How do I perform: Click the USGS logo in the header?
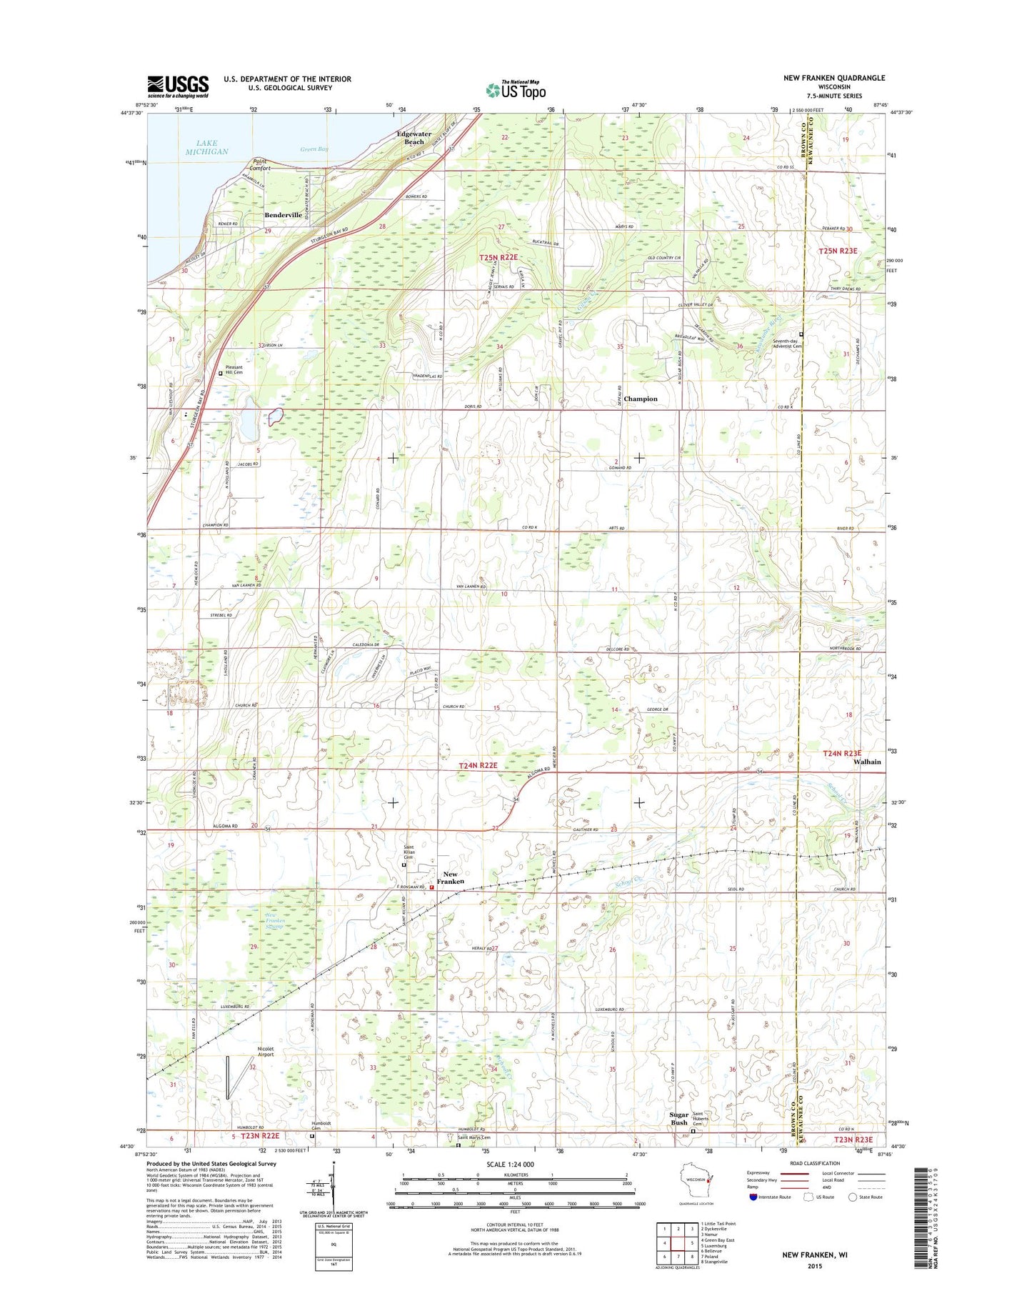[178, 86]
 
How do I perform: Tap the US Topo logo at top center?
[516, 89]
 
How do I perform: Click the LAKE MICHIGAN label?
[207, 147]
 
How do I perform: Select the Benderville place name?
[284, 215]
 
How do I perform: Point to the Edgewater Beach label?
[414, 138]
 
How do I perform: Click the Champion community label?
[640, 399]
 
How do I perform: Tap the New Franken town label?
[454, 878]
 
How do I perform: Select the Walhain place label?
[867, 762]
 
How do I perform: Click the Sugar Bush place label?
[678, 1118]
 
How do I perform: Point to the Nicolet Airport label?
[266, 1052]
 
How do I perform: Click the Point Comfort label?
[261, 164]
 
